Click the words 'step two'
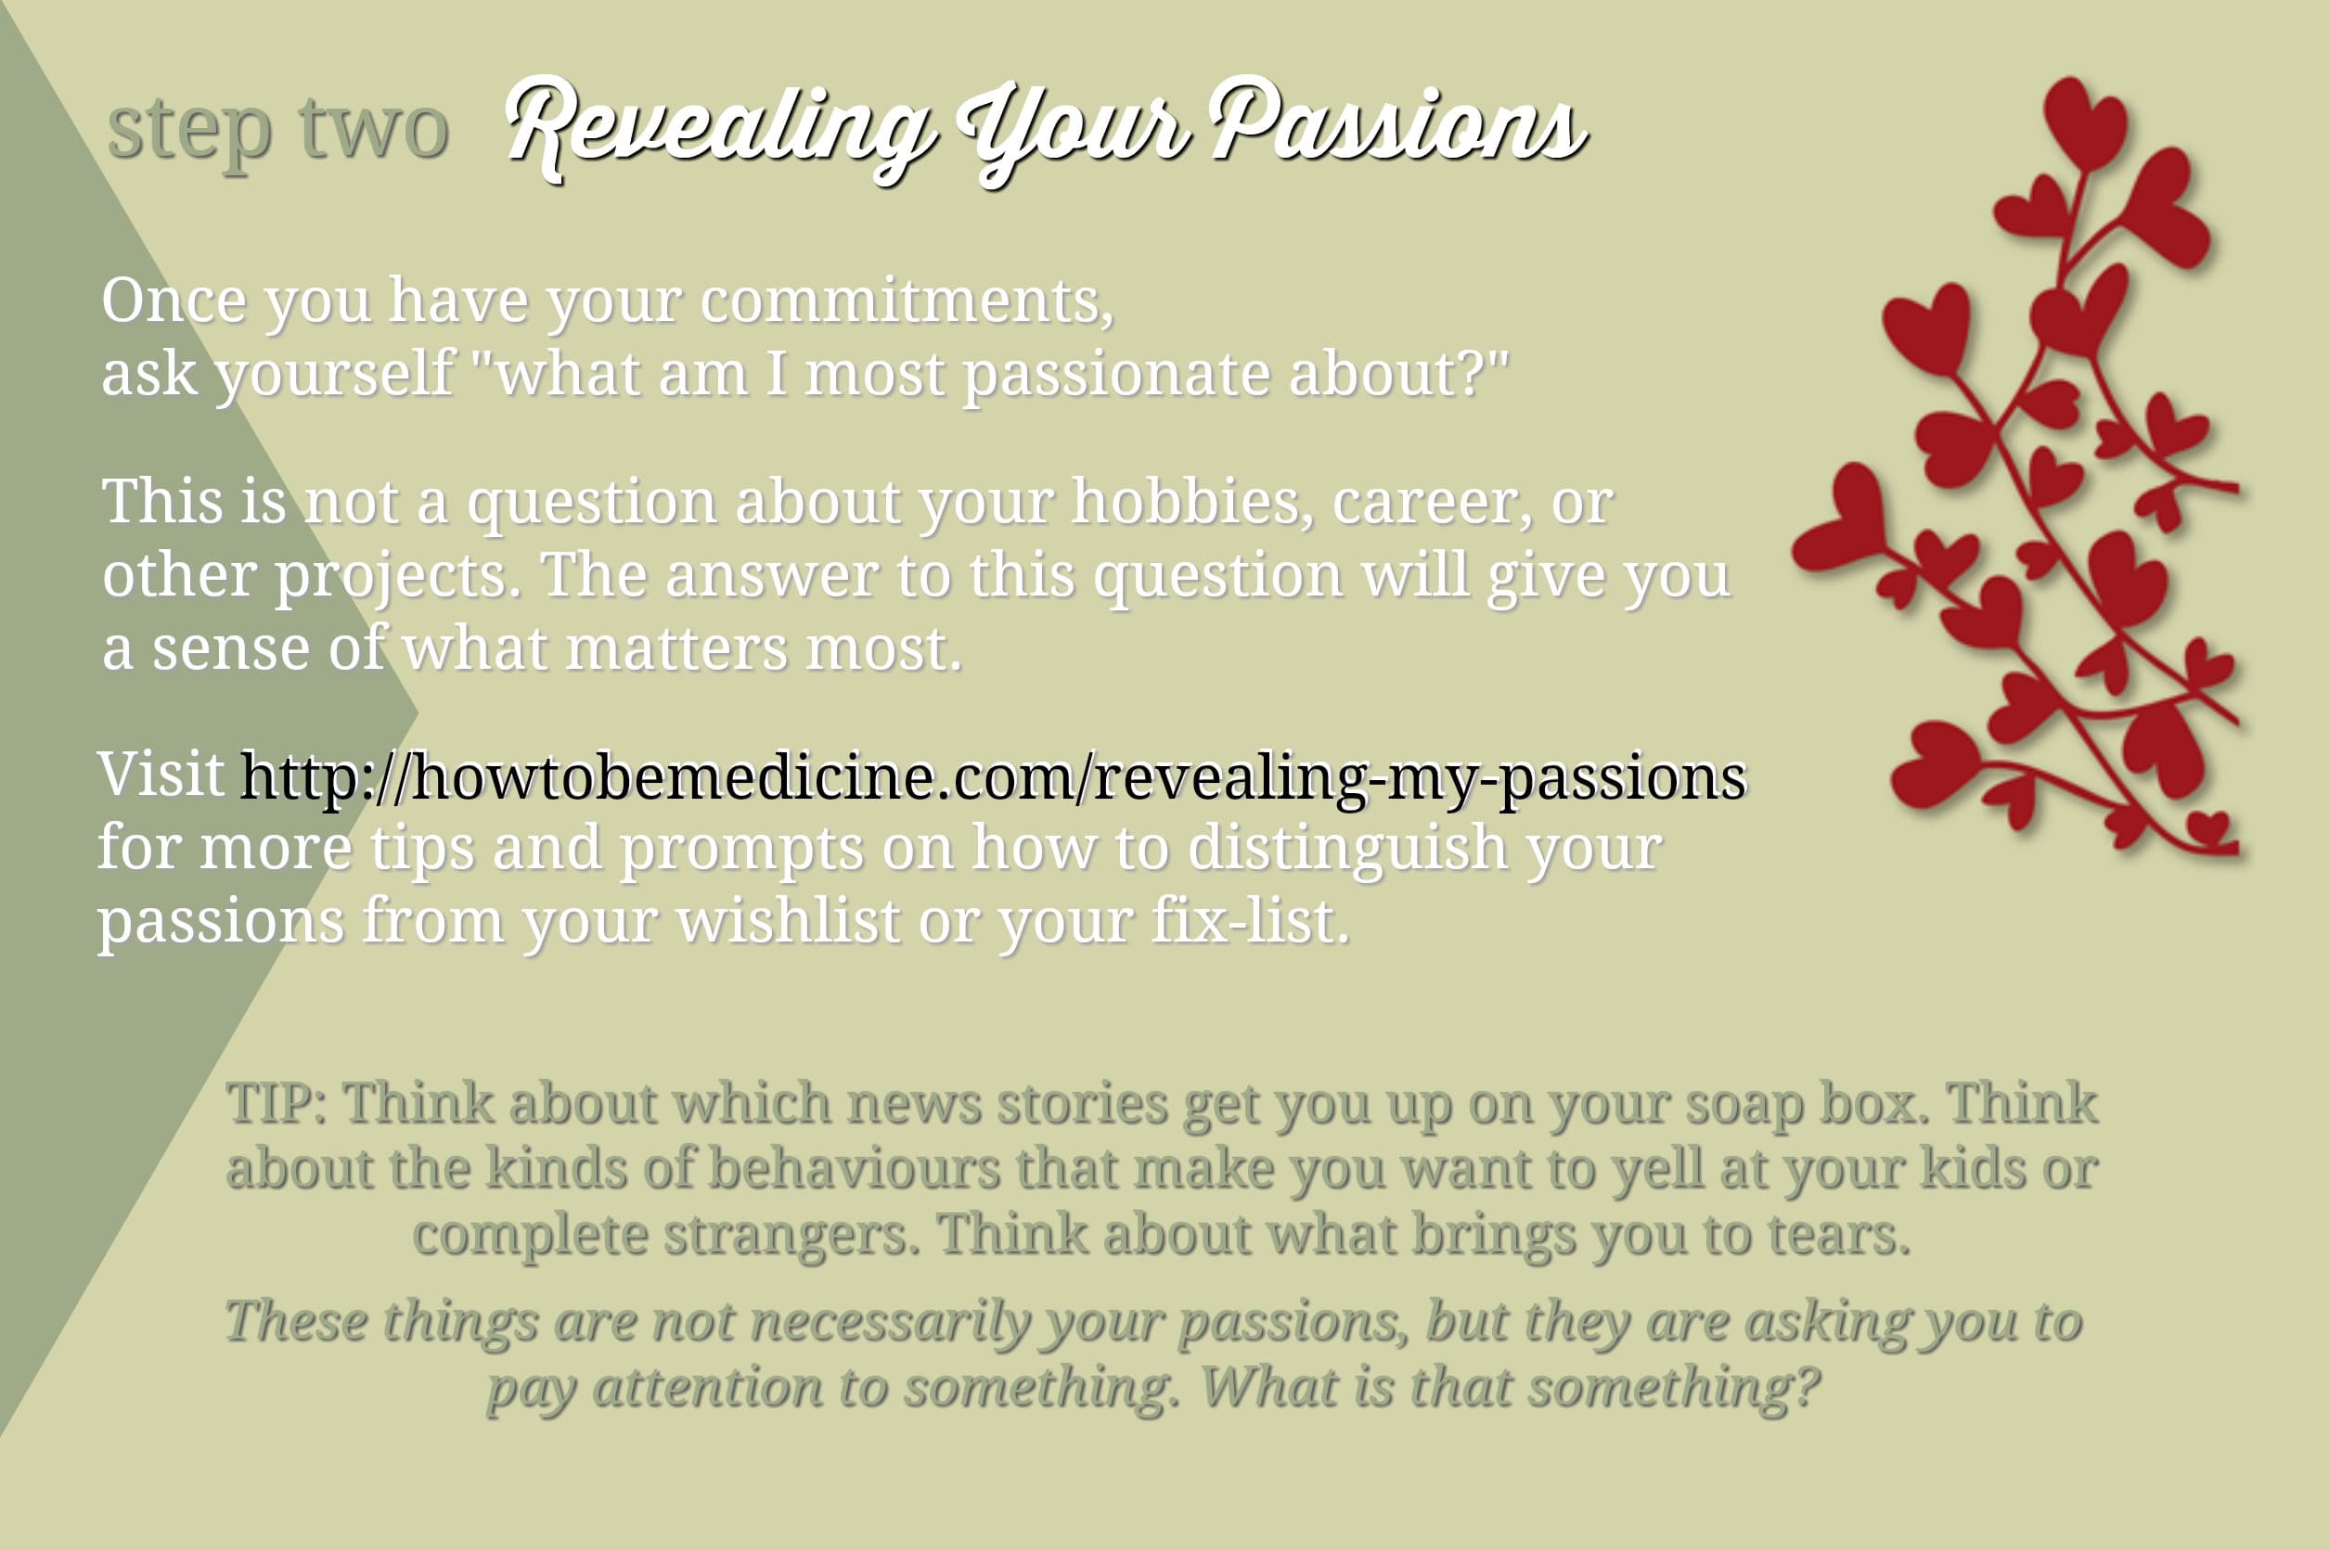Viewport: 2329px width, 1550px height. click(x=277, y=131)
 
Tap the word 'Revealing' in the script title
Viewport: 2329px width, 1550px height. click(x=721, y=130)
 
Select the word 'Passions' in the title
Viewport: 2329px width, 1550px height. click(x=1396, y=122)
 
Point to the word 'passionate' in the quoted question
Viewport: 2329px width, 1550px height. click(x=1116, y=377)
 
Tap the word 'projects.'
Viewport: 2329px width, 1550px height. click(x=397, y=577)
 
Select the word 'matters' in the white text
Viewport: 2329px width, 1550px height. click(x=676, y=649)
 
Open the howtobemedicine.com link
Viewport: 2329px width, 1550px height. click(x=994, y=778)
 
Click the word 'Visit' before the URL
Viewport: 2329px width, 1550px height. click(x=161, y=773)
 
